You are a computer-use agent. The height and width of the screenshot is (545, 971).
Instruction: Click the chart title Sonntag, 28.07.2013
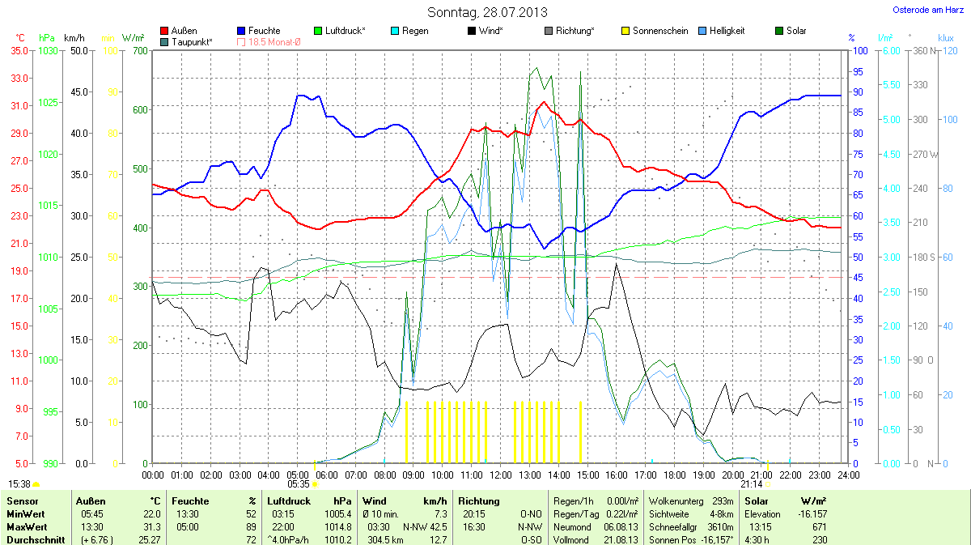(x=486, y=12)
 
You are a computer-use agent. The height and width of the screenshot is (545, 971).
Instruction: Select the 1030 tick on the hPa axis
(x=48, y=51)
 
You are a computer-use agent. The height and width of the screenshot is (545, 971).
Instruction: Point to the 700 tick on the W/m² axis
(x=140, y=51)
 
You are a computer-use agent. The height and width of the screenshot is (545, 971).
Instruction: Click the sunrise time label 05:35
(x=299, y=484)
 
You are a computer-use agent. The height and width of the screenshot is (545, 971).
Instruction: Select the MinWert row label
(x=25, y=514)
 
